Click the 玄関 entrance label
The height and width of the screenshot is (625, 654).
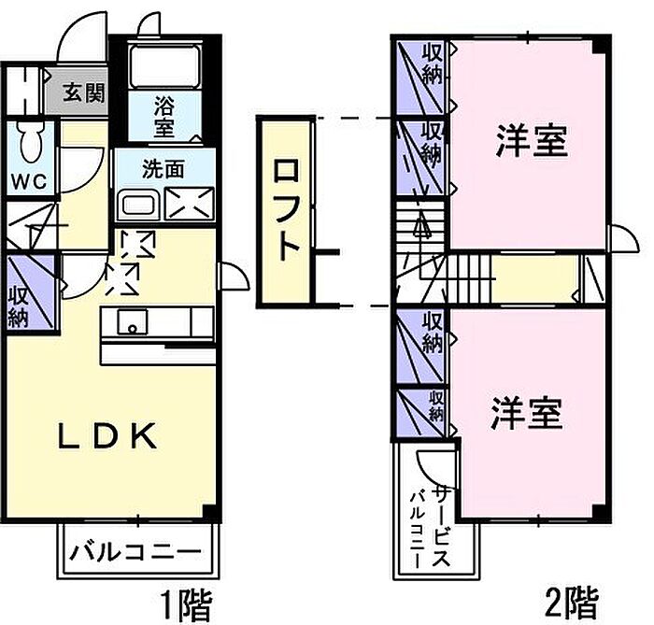[84, 92]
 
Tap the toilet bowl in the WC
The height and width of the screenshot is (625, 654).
[31, 142]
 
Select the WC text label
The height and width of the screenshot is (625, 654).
[29, 181]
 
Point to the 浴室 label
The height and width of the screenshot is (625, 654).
[163, 117]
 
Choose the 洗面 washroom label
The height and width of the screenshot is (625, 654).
[163, 169]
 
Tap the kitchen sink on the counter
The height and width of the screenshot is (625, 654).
[133, 321]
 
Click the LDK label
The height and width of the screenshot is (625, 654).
[107, 436]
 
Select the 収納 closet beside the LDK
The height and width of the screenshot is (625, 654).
[31, 294]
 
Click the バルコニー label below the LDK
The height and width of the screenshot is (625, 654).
[135, 552]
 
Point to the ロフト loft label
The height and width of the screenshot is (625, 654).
[287, 209]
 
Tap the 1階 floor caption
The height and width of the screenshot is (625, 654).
[187, 604]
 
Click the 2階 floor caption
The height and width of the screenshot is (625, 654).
[572, 603]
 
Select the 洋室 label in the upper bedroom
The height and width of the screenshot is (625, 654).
[533, 141]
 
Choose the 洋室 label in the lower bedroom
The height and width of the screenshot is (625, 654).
[527, 413]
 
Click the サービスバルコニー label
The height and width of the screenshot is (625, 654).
[431, 527]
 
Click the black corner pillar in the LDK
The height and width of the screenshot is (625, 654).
[210, 512]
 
